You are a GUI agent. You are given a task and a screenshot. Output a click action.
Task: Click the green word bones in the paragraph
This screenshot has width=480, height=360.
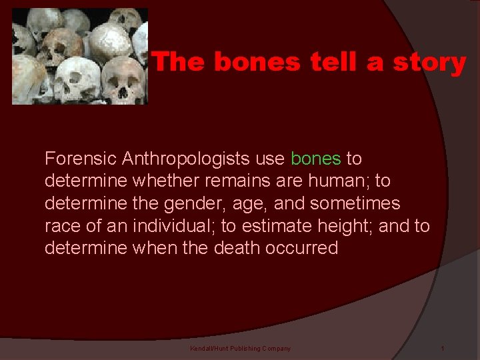tap(316, 159)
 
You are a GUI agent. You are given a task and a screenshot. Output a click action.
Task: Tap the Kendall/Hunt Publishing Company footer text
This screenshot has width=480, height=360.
tap(240, 349)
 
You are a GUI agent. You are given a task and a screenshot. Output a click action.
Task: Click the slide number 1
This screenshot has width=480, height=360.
tap(442, 349)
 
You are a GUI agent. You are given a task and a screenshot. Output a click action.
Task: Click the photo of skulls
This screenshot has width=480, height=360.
tap(80, 56)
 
